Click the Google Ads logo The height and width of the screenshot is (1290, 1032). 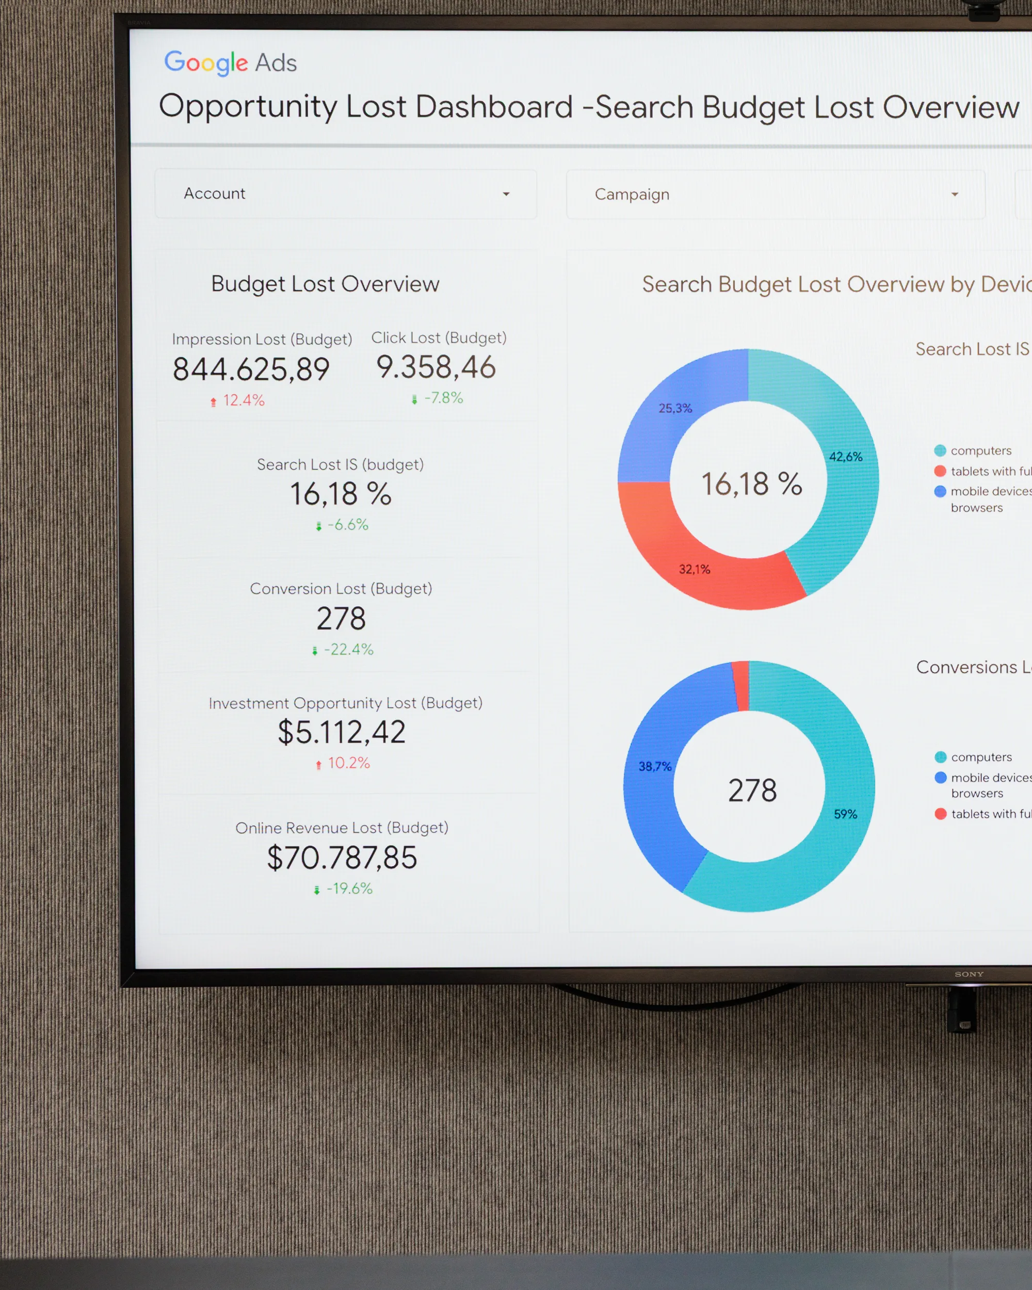pyautogui.click(x=230, y=63)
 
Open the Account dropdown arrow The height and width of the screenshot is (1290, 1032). pyautogui.click(x=506, y=194)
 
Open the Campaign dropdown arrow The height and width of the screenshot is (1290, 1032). pyautogui.click(x=954, y=195)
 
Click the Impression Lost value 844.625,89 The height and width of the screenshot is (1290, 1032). pyautogui.click(x=251, y=369)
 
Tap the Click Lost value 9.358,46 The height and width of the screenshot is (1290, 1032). pyautogui.click(x=436, y=367)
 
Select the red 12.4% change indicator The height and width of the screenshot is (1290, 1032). pyautogui.click(x=238, y=400)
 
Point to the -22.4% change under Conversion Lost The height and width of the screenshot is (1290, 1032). pyautogui.click(x=344, y=649)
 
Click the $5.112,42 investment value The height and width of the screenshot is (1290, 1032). pyautogui.click(x=342, y=732)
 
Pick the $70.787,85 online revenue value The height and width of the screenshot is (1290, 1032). pyautogui.click(x=342, y=858)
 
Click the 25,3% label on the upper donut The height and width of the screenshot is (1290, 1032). pyautogui.click(x=675, y=408)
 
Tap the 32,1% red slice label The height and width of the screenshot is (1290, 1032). pyautogui.click(x=695, y=569)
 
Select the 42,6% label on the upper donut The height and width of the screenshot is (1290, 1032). pyautogui.click(x=845, y=457)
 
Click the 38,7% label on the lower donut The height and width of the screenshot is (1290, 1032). pyautogui.click(x=655, y=766)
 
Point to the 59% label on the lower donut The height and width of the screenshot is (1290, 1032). pyautogui.click(x=845, y=814)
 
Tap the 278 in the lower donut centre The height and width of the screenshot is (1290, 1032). pyautogui.click(x=752, y=791)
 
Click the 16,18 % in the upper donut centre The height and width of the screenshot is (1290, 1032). pyautogui.click(x=751, y=483)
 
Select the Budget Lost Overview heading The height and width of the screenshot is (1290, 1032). pyautogui.click(x=325, y=284)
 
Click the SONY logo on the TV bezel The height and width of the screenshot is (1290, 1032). pyautogui.click(x=969, y=974)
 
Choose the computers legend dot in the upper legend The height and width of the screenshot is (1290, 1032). pyautogui.click(x=940, y=450)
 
